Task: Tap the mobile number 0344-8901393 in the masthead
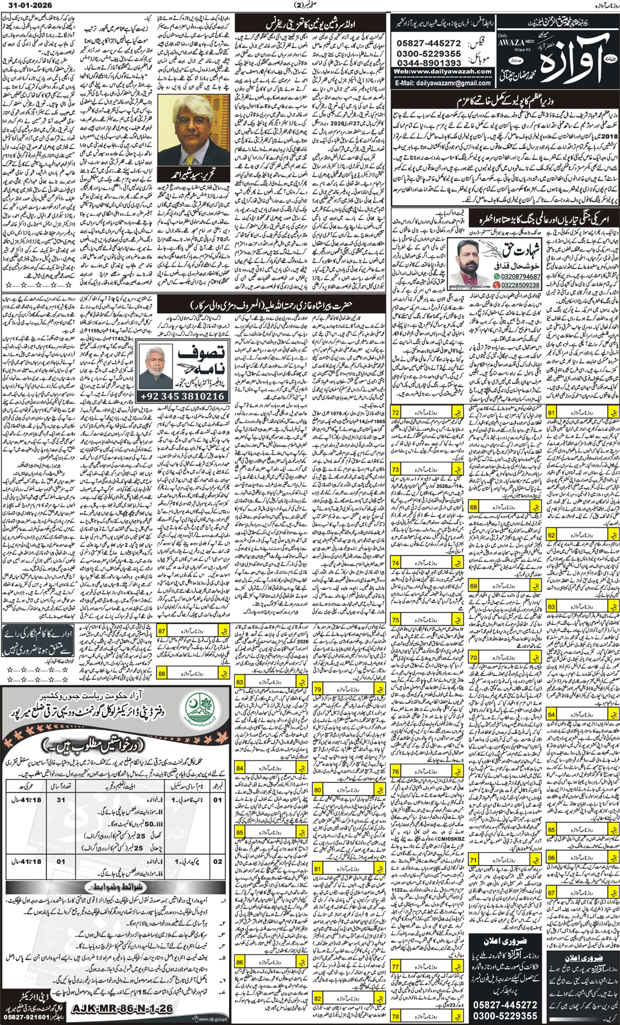428,63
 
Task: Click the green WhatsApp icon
497,277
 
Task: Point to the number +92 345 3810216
182,397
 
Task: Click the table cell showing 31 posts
61,800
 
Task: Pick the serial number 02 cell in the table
218,861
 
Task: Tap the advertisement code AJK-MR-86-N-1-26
122,1009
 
